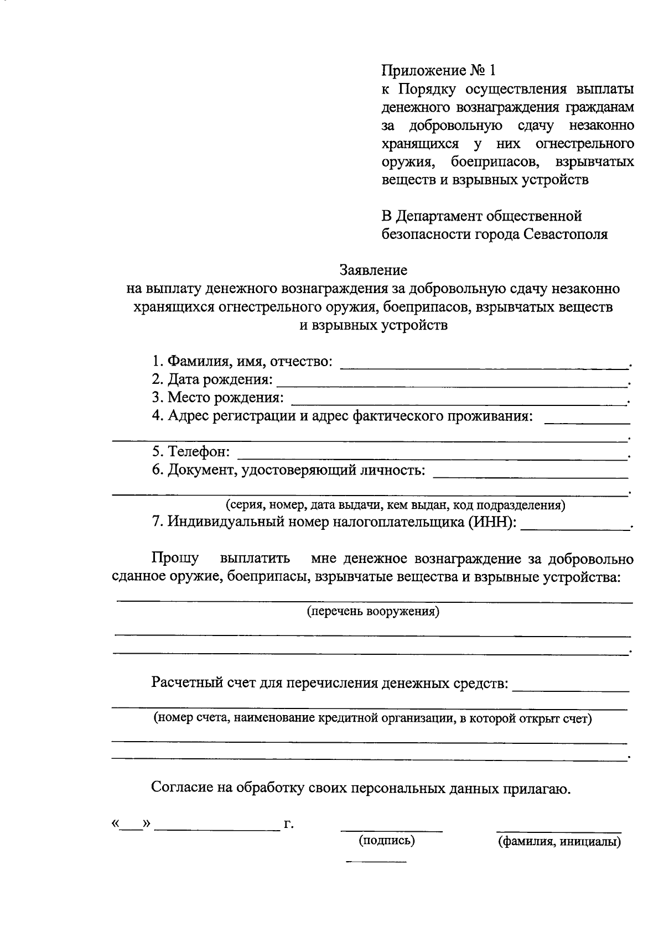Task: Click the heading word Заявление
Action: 373,270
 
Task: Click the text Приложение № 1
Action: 439,70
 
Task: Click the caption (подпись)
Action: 387,841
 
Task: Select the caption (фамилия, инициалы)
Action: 559,842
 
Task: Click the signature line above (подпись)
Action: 391,829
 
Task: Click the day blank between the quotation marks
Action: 131,826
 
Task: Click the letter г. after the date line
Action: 288,825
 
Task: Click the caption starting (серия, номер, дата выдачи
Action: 395,504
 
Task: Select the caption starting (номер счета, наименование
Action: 372,718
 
